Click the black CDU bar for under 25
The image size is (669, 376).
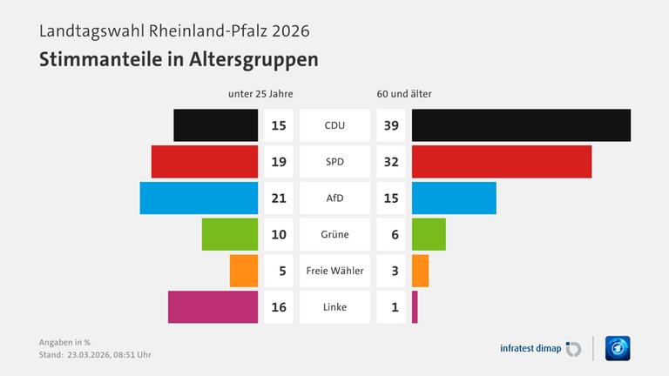[x=216, y=125]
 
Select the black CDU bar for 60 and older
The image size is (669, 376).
[x=521, y=125]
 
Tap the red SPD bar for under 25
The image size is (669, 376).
[x=205, y=162]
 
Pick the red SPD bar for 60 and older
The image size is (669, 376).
[x=502, y=162]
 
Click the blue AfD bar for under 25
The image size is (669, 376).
[x=199, y=198]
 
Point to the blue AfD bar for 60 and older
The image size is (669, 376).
[x=454, y=198]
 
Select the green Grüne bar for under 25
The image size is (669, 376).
[x=230, y=234]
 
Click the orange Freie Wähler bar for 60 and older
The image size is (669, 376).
[x=420, y=271]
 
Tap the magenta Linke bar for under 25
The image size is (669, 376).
[x=213, y=306]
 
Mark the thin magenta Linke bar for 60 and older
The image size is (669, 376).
[x=415, y=306]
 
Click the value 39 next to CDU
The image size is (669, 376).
[x=391, y=125]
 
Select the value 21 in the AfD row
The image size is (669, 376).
[x=279, y=198]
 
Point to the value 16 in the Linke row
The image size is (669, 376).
[x=279, y=306]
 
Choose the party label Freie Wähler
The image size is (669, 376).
[x=334, y=271]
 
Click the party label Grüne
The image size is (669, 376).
[x=334, y=234]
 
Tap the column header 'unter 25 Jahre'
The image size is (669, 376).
[x=260, y=94]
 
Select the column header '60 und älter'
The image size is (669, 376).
[x=404, y=94]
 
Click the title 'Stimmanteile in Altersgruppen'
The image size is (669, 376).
[x=179, y=60]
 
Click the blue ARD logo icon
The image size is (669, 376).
[x=618, y=348]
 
